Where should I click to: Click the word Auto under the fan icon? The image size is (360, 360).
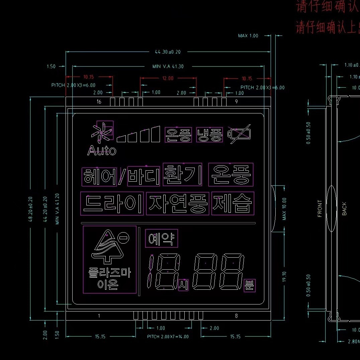click(102, 151)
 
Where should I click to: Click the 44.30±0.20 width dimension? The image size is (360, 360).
click(168, 52)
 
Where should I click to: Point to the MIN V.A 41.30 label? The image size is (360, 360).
click(168, 66)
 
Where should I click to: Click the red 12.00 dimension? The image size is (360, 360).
click(168, 78)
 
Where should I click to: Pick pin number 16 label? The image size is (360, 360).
click(99, 101)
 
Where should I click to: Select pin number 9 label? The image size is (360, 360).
click(236, 101)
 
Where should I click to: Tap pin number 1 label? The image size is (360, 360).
click(99, 316)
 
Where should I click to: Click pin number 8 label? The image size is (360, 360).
click(236, 316)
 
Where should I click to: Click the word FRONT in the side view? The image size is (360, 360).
click(320, 209)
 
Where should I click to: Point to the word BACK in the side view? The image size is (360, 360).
click(344, 209)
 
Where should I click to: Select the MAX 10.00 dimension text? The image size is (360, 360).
click(284, 209)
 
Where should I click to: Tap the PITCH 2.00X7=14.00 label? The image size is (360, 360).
click(168, 337)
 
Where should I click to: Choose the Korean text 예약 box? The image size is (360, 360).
click(162, 238)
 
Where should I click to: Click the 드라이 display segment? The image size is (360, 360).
click(112, 203)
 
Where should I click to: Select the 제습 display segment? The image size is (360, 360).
click(233, 203)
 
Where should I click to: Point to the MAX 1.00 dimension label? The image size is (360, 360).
click(248, 35)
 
